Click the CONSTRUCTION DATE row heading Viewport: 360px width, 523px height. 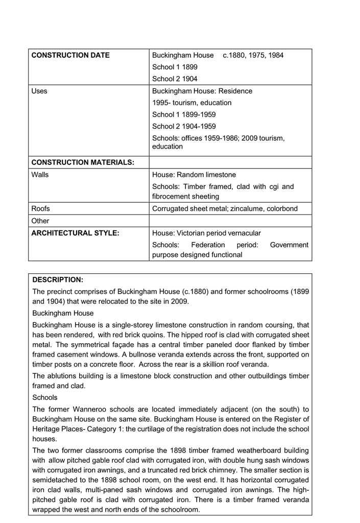70,55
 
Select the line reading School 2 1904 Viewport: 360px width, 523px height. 175,79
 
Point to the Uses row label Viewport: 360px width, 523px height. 39,91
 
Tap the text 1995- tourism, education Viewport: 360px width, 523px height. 191,103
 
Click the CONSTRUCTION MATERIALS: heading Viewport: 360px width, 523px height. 83,162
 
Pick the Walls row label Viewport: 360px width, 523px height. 40,175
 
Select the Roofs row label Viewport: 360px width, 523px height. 41,208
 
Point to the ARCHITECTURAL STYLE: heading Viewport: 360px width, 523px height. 75,233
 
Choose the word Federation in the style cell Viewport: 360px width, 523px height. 208,245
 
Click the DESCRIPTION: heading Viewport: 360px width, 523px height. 58,280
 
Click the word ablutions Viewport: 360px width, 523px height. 63,376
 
